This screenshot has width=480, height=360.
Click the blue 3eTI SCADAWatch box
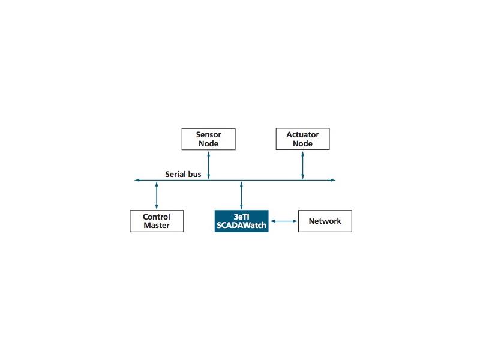click(x=242, y=221)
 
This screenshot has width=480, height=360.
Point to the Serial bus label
click(x=183, y=174)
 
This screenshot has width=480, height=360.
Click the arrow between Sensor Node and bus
click(x=208, y=166)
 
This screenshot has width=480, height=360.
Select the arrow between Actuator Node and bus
click(x=303, y=166)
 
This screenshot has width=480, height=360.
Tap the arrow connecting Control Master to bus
click(x=157, y=196)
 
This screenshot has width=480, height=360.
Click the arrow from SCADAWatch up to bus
click(x=242, y=196)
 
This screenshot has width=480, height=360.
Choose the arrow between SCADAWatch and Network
click(x=283, y=221)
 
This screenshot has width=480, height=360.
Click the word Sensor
click(x=208, y=134)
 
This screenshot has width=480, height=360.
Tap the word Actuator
click(x=303, y=134)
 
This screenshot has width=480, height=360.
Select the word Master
click(x=157, y=226)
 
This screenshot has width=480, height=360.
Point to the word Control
click(x=157, y=217)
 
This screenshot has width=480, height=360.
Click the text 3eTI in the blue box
click(x=242, y=217)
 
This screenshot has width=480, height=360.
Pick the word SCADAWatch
click(x=242, y=226)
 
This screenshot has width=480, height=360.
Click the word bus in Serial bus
click(x=194, y=174)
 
